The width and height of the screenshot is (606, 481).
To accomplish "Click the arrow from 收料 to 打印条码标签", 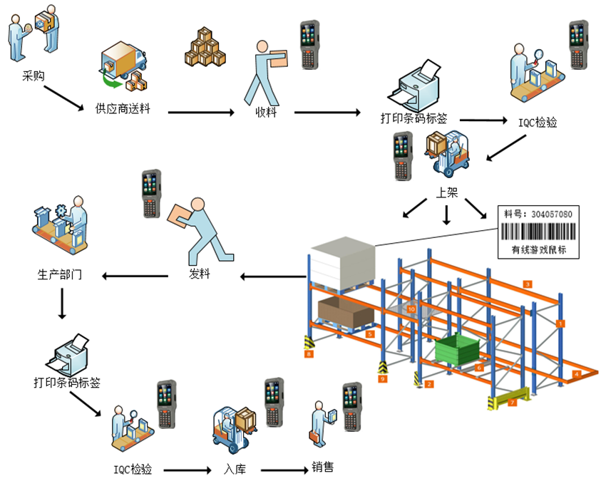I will coord(327,112).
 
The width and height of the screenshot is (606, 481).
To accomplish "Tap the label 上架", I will coord(447,191).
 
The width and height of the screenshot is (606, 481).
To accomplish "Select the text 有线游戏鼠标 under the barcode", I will coord(538,249).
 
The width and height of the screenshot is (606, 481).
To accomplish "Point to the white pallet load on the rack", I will coord(343,264).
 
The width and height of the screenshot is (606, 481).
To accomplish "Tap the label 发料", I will coord(199,274).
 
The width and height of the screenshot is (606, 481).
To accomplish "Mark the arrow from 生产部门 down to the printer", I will coord(62,306).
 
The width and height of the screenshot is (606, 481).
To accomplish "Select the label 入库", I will coord(235,470).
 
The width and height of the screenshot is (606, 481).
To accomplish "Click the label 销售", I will coord(322,468).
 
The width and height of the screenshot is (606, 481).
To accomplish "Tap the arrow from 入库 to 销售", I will coord(284,470).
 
